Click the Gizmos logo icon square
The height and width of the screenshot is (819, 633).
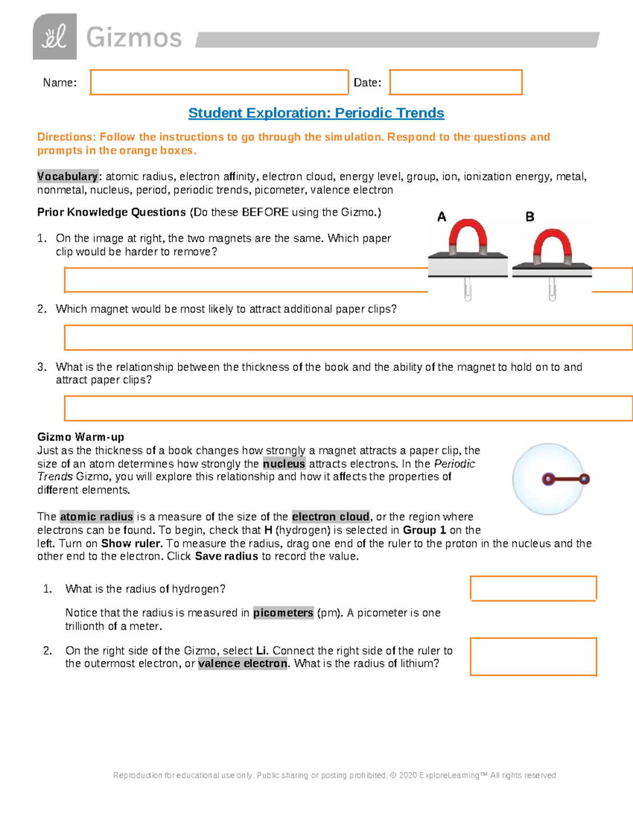(x=54, y=36)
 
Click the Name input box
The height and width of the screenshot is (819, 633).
(x=219, y=82)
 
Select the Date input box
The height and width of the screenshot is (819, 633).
(x=456, y=82)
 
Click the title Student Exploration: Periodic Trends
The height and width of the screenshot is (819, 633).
(x=316, y=113)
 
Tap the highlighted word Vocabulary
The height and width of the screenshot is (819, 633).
(x=68, y=176)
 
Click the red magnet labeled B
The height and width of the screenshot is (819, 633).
(x=552, y=246)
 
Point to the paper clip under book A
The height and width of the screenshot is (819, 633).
(x=467, y=289)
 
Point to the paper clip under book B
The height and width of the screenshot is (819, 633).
(x=552, y=289)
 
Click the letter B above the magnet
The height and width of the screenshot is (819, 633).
(x=530, y=217)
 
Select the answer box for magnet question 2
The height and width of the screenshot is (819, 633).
(x=348, y=338)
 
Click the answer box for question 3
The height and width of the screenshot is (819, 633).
(x=348, y=408)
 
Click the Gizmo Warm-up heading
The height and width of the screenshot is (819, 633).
(x=81, y=437)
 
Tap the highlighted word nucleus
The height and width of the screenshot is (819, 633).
(x=284, y=464)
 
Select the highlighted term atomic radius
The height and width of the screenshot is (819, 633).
(x=97, y=517)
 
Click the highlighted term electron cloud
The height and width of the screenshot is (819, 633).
(x=331, y=517)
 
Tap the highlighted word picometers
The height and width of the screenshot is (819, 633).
(x=283, y=613)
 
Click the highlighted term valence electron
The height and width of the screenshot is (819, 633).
(x=243, y=663)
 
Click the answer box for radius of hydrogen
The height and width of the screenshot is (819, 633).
(x=533, y=588)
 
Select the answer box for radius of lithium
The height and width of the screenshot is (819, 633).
(x=533, y=657)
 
